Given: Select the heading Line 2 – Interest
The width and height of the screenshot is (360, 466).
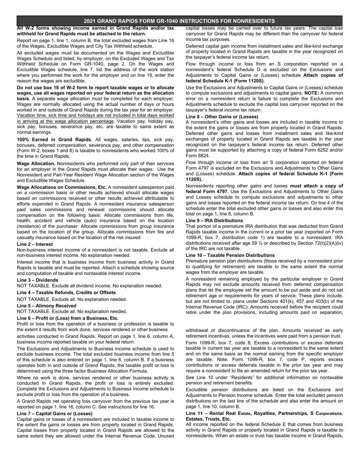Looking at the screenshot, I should (x=35, y=244).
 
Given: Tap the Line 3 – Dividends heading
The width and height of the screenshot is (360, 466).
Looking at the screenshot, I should (x=38, y=280).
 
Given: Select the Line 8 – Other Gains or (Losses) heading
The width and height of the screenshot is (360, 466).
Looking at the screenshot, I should (x=222, y=117).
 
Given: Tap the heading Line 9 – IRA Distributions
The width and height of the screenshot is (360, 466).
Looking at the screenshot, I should (x=214, y=220).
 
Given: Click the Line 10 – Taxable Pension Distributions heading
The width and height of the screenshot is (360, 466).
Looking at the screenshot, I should (x=230, y=255).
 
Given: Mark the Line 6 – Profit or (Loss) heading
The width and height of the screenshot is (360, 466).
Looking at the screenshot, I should (x=68, y=318).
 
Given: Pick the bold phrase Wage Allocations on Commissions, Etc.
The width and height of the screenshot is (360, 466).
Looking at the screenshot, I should (x=62, y=187).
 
